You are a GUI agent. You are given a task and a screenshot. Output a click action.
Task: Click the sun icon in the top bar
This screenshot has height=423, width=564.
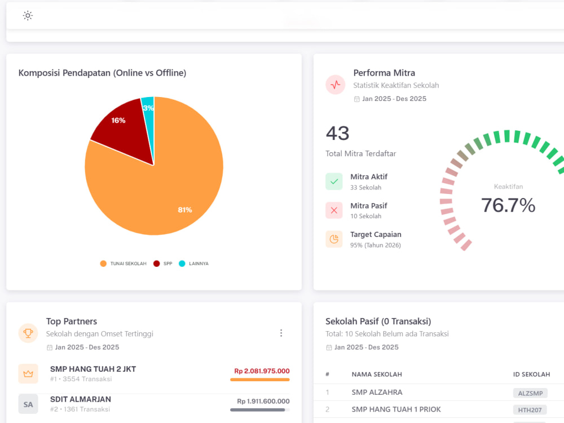click(28, 15)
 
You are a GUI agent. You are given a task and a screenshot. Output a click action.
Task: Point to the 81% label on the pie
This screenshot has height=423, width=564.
click(185, 210)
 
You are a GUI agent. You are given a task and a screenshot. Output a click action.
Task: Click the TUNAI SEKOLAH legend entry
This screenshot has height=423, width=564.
click(124, 263)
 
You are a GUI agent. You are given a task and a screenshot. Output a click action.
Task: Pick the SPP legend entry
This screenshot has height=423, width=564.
click(162, 263)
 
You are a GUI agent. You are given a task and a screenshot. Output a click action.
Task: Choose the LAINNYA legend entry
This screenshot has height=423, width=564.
click(193, 263)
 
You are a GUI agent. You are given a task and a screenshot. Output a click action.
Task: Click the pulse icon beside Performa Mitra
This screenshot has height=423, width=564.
click(335, 85)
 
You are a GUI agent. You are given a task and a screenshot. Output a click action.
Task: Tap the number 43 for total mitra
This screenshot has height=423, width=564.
click(337, 133)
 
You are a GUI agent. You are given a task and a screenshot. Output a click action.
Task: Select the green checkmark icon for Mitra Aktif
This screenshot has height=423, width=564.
click(334, 182)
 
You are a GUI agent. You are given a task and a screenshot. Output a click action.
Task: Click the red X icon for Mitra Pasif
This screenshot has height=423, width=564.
click(334, 210)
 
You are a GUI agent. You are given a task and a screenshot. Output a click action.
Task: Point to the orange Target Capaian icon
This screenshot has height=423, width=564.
click(334, 239)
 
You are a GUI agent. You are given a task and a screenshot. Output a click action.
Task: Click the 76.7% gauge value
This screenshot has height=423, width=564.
click(508, 205)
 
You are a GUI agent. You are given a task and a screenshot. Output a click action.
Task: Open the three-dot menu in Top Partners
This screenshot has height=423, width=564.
click(281, 333)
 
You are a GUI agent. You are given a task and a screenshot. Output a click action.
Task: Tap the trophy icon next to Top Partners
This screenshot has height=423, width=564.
click(28, 333)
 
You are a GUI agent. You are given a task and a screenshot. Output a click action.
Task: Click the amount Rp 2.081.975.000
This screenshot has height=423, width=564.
click(262, 371)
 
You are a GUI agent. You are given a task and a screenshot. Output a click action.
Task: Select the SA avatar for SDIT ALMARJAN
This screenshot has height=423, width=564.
click(28, 404)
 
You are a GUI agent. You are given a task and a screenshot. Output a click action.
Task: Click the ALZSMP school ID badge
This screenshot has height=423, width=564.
click(530, 393)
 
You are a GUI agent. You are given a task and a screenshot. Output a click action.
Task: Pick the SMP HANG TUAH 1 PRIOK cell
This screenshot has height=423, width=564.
click(396, 409)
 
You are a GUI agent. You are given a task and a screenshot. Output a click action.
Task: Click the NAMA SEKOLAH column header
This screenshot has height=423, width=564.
click(377, 374)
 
